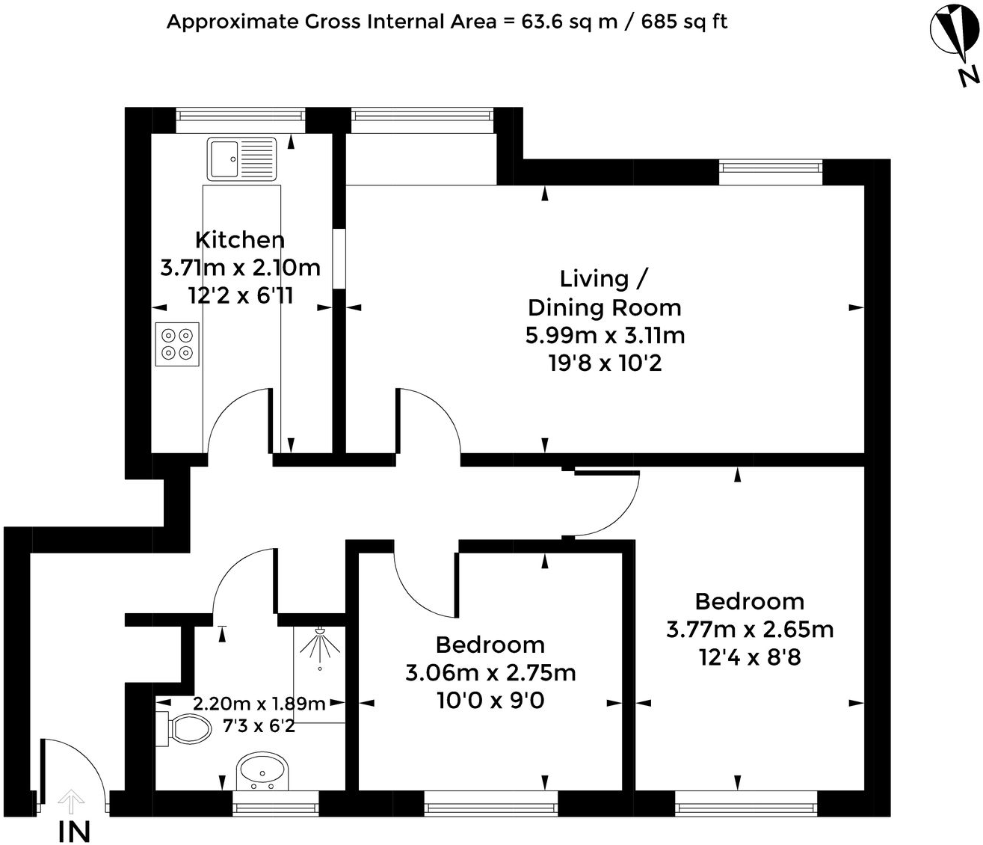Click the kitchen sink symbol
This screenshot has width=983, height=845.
[x=242, y=159]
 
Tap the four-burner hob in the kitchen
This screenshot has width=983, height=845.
[x=177, y=344]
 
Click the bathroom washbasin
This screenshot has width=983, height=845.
[x=262, y=771]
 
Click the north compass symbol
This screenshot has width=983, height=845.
[x=954, y=34]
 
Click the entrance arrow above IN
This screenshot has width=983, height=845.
[x=71, y=802]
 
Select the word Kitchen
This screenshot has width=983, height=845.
[x=240, y=240]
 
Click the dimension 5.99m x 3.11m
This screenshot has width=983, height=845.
[x=605, y=335]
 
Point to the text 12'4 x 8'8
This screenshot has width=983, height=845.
[x=750, y=657]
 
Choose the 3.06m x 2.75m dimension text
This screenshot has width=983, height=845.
[x=490, y=673]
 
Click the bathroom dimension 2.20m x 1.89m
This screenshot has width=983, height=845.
[x=259, y=704]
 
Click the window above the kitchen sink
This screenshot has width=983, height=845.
[x=241, y=115]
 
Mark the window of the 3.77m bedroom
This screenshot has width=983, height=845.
[x=745, y=807]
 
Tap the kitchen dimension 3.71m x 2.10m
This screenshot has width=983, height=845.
[x=240, y=268]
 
